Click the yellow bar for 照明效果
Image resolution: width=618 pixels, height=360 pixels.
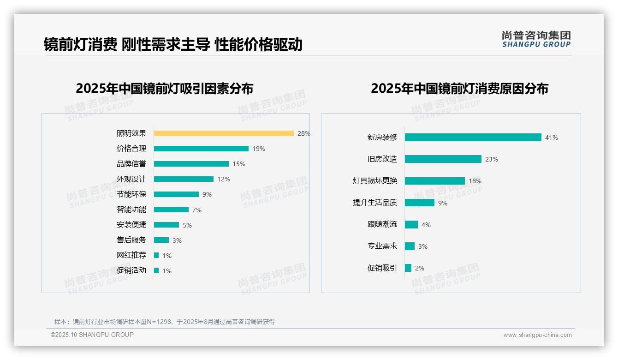coord(224,133)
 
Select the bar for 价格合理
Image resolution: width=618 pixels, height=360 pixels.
coord(201,149)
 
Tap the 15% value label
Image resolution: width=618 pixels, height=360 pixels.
coord(239,164)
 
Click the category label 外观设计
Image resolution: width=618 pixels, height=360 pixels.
coord(131,179)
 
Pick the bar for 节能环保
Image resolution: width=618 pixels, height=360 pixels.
coord(176,194)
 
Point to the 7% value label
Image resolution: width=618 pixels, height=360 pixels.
coord(197,210)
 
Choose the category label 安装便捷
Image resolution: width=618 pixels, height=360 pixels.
coord(131,225)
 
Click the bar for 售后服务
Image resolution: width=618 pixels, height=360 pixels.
coord(161,240)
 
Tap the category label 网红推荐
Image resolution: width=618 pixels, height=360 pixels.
coord(131,255)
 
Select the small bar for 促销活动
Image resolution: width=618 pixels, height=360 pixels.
coord(156,270)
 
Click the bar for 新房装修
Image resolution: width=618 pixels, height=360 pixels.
coord(473,138)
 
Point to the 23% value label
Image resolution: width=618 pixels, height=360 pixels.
coord(492,159)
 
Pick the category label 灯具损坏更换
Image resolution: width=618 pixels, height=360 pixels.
coord(375,181)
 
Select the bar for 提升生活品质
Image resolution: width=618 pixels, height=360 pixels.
coord(420,203)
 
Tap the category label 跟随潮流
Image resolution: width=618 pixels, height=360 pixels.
coord(382,224)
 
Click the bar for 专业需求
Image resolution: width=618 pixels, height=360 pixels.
coord(410,246)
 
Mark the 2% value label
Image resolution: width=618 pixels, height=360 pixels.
coord(420,268)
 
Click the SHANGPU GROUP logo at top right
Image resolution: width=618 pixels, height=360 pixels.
coord(536,39)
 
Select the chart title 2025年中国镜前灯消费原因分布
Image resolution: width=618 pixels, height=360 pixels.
coord(459,89)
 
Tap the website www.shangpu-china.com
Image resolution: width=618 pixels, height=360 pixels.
coord(537,335)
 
